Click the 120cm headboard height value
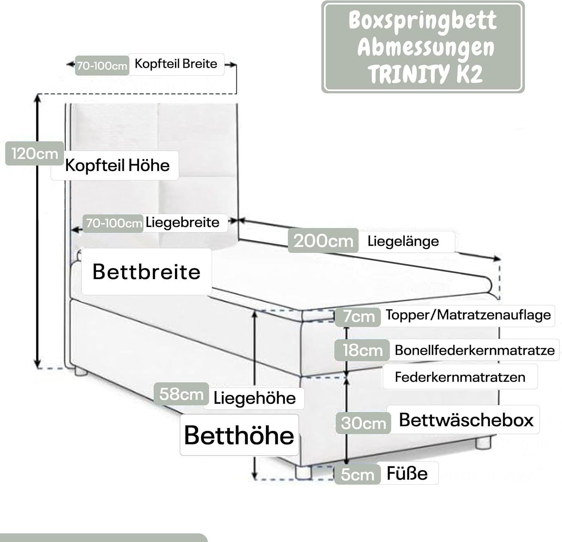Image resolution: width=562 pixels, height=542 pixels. pyautogui.click(x=34, y=154)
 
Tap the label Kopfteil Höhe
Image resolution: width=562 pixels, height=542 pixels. pyautogui.click(x=117, y=165)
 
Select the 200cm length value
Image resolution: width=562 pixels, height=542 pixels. pyautogui.click(x=323, y=241)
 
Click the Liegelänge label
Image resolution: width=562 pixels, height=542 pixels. pyautogui.click(x=403, y=241)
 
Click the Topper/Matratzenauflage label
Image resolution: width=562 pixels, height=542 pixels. pyautogui.click(x=468, y=315)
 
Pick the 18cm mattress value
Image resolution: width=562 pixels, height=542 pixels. pyautogui.click(x=362, y=350)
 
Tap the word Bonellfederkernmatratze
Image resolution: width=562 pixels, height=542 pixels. pyautogui.click(x=474, y=350)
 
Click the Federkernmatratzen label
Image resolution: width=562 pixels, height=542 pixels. pyautogui.click(x=460, y=377)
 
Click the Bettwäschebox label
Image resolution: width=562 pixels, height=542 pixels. pyautogui.click(x=466, y=420)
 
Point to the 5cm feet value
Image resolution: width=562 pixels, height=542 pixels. pyautogui.click(x=357, y=475)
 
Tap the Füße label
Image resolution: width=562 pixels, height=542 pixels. pyautogui.click(x=407, y=473)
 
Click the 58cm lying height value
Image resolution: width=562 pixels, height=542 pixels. pyautogui.click(x=181, y=394)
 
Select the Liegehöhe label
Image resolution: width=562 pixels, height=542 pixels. pyautogui.click(x=254, y=398)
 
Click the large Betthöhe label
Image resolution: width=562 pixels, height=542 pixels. pyautogui.click(x=239, y=435)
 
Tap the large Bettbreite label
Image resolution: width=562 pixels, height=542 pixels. pyautogui.click(x=146, y=272)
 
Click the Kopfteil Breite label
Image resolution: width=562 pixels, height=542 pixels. pyautogui.click(x=176, y=64)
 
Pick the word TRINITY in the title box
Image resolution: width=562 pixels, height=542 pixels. pyautogui.click(x=407, y=74)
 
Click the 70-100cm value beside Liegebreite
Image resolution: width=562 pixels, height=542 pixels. pyautogui.click(x=114, y=224)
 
